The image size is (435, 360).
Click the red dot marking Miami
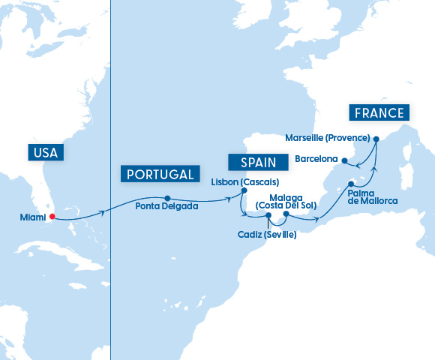point(52,218)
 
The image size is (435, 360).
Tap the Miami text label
point(33,218)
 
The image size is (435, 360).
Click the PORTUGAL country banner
point(157,174)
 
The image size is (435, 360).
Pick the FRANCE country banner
point(379,113)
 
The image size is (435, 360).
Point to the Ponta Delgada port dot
point(167,199)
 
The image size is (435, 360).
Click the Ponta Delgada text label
point(167,208)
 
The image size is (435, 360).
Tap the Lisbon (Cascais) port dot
point(244,190)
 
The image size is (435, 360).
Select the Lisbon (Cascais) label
point(245,181)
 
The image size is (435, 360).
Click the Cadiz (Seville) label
point(266,235)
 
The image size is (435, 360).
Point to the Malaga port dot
point(286,214)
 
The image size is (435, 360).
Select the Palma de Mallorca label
point(371,196)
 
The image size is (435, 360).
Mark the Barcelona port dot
point(344,160)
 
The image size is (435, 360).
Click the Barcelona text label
point(316,159)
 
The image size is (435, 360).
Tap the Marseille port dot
point(376,138)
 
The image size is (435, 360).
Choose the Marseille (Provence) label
point(328,138)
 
